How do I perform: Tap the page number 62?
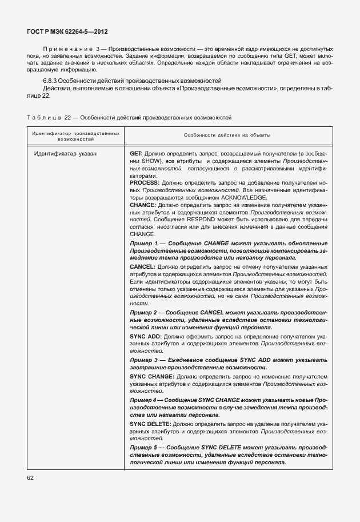(30, 477)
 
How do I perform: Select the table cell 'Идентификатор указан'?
(65, 154)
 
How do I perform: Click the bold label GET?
(137, 154)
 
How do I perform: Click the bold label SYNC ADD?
(146, 337)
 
